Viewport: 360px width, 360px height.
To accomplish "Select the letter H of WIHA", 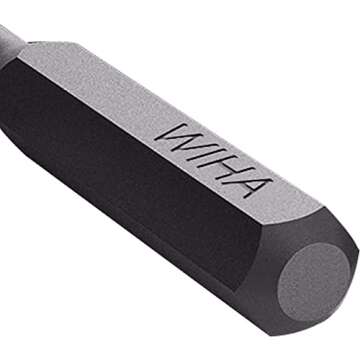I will click(x=226, y=166).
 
